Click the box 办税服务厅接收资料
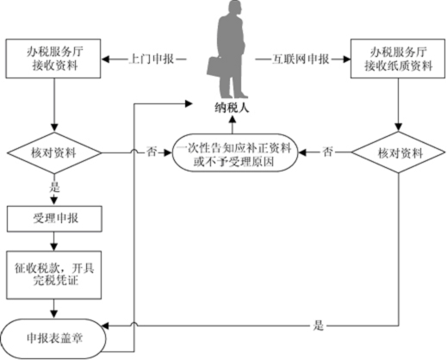tap(53, 59)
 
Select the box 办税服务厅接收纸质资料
tap(398, 59)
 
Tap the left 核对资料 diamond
tap(54, 152)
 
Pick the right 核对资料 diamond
tap(398, 152)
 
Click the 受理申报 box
tap(54, 219)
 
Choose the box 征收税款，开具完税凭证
tap(54, 275)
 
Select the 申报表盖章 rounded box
tap(53, 338)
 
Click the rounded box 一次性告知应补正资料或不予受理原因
tap(235, 152)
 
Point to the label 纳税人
tap(232, 109)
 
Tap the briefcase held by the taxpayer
tap(215, 67)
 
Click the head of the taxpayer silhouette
tap(233, 7)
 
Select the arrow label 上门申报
tap(152, 59)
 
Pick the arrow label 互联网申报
tap(300, 59)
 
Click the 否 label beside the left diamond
tap(152, 152)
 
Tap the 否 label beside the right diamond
tap(328, 152)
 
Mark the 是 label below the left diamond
tap(54, 188)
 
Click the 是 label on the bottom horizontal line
tap(319, 326)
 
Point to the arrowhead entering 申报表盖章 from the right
tap(105, 326)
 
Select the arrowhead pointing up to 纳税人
tap(233, 120)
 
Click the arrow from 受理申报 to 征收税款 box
tap(54, 241)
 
